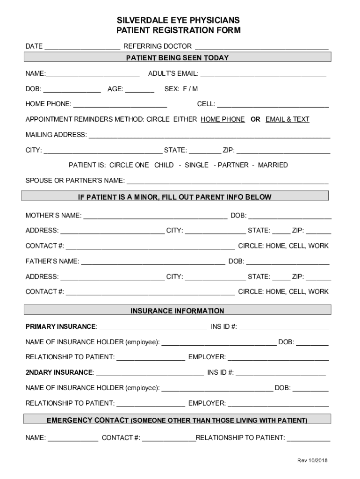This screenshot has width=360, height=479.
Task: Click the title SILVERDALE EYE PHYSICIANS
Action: (178, 20)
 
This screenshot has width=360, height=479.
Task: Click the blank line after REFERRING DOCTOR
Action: (261, 47)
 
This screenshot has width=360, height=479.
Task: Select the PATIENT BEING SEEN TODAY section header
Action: (177, 58)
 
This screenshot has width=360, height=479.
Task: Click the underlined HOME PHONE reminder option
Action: (223, 119)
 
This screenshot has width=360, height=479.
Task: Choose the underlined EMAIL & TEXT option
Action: (287, 119)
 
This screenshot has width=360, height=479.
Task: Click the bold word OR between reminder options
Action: (255, 119)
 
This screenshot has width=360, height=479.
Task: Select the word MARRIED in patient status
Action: (273, 165)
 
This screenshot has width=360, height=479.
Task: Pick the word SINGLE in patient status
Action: (196, 165)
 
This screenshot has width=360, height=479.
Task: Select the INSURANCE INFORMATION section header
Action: (177, 311)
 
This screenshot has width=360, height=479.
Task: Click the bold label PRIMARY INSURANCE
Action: (61, 326)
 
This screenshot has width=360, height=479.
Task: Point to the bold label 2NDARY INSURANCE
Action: (59, 372)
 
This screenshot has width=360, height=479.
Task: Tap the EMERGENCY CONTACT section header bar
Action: (177, 420)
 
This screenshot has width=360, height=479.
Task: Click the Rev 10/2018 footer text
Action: (312, 461)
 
